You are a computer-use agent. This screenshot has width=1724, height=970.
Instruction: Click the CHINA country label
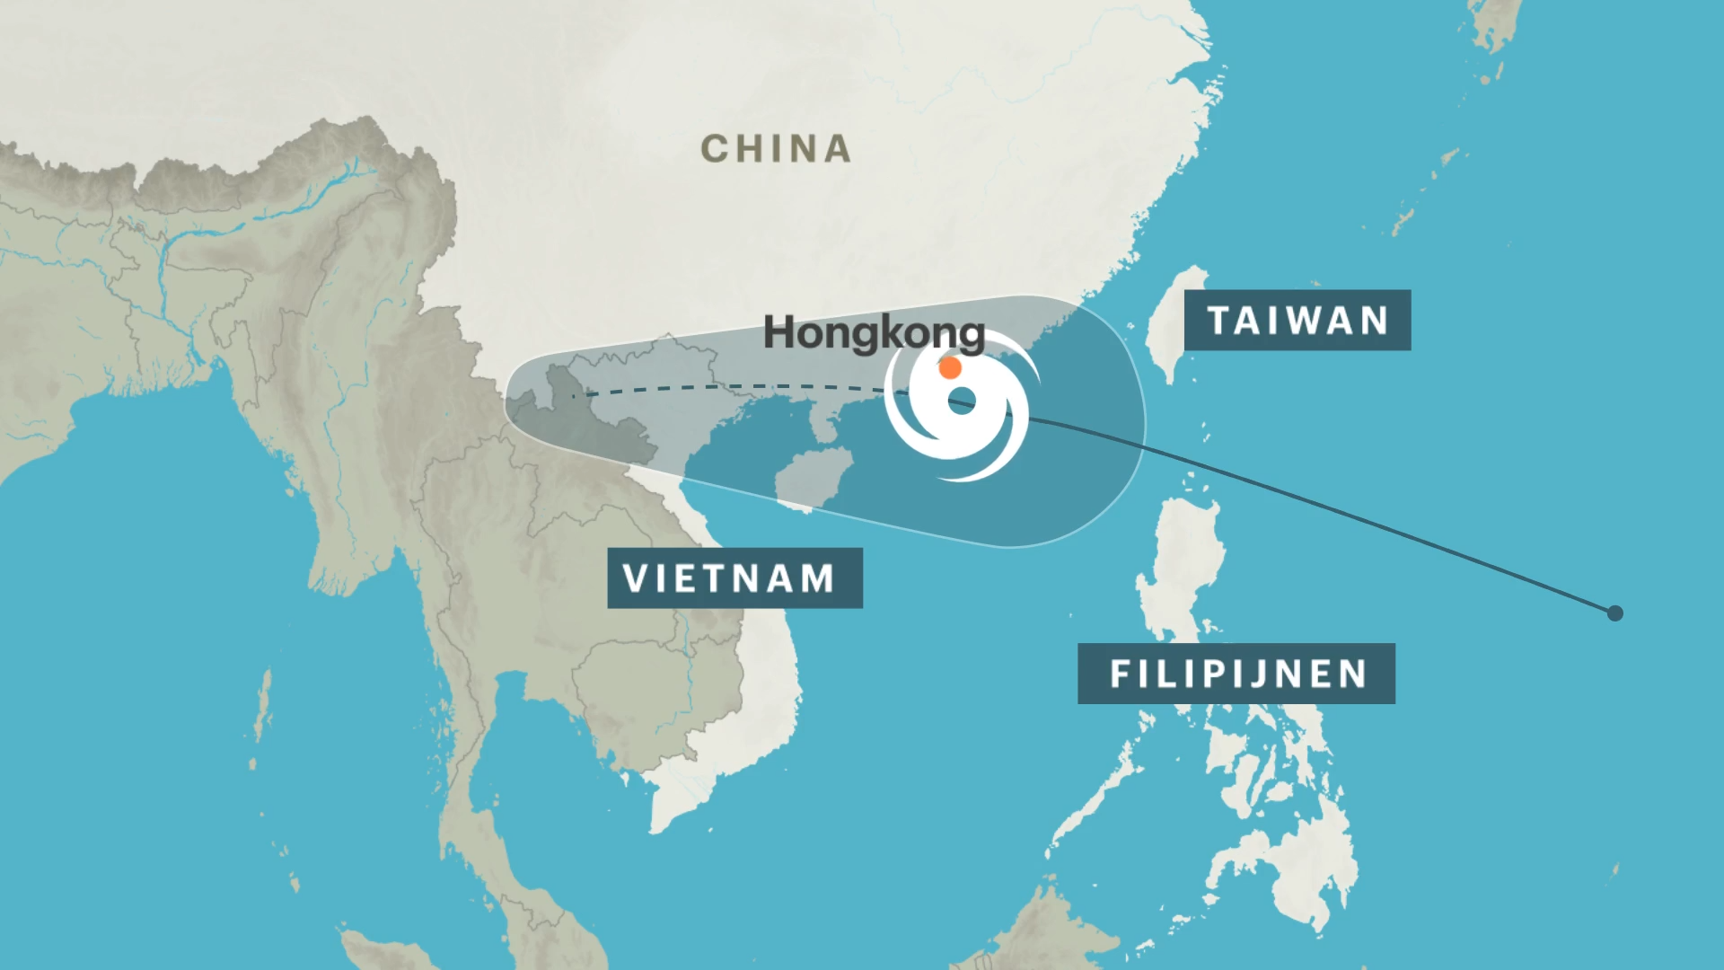pos(776,149)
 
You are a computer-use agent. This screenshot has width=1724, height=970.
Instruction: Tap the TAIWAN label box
pos(1297,321)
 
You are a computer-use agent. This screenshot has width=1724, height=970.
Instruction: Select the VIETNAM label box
pos(734,578)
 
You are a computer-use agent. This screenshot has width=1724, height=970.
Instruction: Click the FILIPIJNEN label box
pos(1236,674)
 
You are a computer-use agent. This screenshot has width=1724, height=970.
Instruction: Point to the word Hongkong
pos(874,332)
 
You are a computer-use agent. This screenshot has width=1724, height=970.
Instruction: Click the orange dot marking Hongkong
pos(950,367)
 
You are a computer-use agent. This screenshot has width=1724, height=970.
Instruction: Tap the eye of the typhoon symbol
pos(962,401)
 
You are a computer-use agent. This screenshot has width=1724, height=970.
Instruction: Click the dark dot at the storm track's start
pos(1614,613)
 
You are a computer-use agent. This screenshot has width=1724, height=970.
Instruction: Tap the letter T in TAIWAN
pos(1218,321)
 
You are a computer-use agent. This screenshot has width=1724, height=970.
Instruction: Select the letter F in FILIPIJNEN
pos(1119,674)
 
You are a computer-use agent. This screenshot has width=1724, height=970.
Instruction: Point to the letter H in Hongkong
pos(777,332)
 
